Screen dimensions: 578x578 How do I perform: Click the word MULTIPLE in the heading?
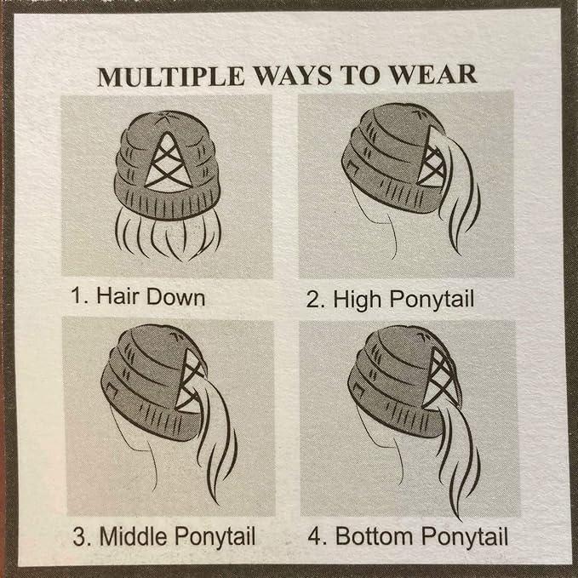[x=171, y=77]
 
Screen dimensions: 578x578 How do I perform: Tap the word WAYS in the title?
[x=292, y=76]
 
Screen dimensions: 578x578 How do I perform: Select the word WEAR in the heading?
[x=433, y=75]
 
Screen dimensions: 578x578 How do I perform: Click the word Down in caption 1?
[x=176, y=296]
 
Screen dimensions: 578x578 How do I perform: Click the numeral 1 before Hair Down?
[x=77, y=296]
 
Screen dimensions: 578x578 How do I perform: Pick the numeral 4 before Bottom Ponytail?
[x=314, y=536]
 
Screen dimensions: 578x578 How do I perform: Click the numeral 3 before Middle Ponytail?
[x=79, y=536]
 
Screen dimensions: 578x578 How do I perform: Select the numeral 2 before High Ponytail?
[x=312, y=300]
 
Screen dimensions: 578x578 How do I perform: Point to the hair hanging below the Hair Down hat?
[x=168, y=237]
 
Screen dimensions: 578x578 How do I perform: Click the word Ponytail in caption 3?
[x=215, y=536]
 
